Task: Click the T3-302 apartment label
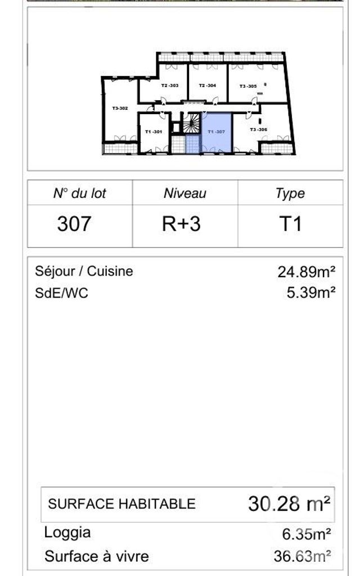click(x=120, y=108)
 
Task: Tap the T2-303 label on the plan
click(x=169, y=85)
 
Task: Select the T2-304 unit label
click(x=207, y=85)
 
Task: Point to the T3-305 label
click(x=248, y=86)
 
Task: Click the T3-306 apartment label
click(x=258, y=129)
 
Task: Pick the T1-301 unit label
click(x=154, y=132)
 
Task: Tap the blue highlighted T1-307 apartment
click(x=217, y=132)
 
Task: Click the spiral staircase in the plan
click(x=192, y=123)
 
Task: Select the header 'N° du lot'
click(x=79, y=193)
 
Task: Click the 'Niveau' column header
click(x=184, y=193)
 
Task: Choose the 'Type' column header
click(x=290, y=193)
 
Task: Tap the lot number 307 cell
click(x=74, y=224)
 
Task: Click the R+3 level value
click(x=181, y=224)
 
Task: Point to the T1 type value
click(x=290, y=224)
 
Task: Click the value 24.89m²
click(x=307, y=272)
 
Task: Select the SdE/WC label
click(x=61, y=293)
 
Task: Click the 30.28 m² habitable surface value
click(x=289, y=503)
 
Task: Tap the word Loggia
click(x=67, y=533)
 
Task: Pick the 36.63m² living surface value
click(x=302, y=556)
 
